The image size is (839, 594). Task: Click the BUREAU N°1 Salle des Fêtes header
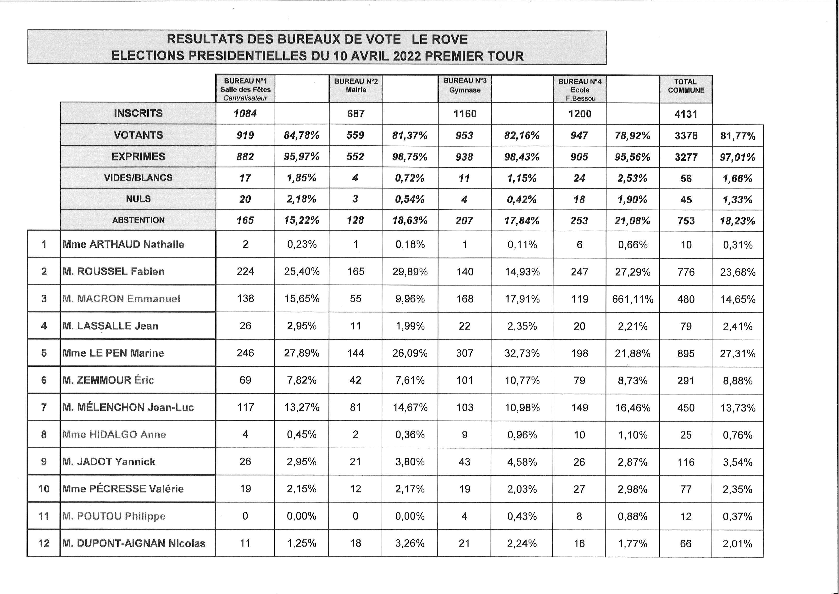pos(245,89)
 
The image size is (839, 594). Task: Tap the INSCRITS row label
pos(138,113)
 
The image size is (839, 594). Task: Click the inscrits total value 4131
pos(686,114)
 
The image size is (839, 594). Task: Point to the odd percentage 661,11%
pos(633,299)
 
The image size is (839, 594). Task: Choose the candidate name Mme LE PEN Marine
pos(113,353)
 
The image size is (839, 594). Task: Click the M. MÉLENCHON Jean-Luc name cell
pos(128,407)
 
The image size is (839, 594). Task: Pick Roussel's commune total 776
pos(686,272)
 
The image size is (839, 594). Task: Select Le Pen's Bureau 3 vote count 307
pos(464,353)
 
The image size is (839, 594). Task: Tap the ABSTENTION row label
pos(138,220)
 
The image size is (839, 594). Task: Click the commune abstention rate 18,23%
pos(737,221)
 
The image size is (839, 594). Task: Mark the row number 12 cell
pos(44,543)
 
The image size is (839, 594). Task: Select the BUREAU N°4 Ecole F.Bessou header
pos(580,90)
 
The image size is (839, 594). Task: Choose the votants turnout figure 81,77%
pos(737,136)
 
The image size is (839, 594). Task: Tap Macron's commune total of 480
pos(686,299)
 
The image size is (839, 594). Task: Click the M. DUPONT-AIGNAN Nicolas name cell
pos(134,543)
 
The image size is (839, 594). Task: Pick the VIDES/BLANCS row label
pos(138,178)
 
